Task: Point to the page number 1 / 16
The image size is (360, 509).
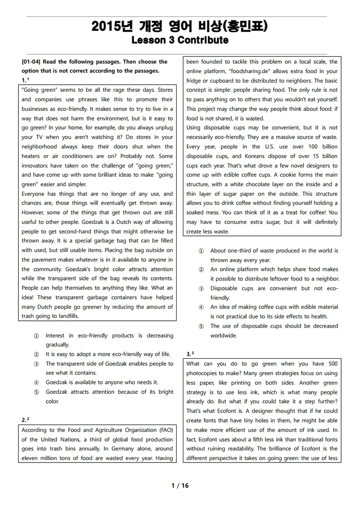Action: pyautogui.click(x=180, y=485)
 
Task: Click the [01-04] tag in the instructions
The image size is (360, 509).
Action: pyautogui.click(x=33, y=62)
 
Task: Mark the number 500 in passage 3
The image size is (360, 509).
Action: pyautogui.click(x=333, y=364)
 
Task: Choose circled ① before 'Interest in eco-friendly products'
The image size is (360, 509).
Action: pyautogui.click(x=36, y=336)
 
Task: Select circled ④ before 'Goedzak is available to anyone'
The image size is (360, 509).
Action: pyautogui.click(x=36, y=383)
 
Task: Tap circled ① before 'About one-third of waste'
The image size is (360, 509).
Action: pyautogui.click(x=201, y=251)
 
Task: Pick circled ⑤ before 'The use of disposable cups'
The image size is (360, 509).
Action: pyautogui.click(x=201, y=326)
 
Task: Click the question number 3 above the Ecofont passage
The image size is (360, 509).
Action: pyautogui.click(x=188, y=355)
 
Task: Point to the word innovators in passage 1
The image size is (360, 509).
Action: pyautogui.click(x=36, y=166)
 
